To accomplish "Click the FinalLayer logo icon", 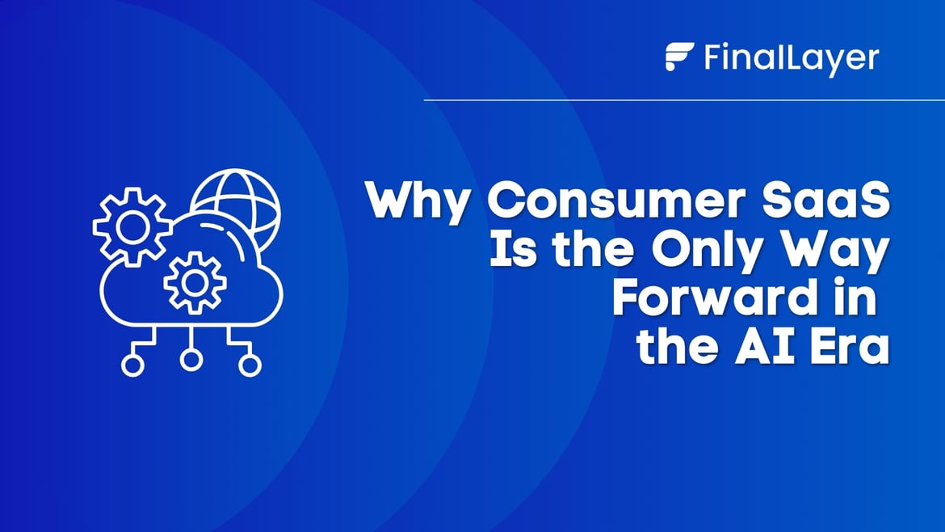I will click(x=680, y=57).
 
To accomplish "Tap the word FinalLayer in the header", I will click(x=791, y=58).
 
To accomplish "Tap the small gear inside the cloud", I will click(x=194, y=282).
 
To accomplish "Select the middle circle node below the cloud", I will click(x=191, y=360).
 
